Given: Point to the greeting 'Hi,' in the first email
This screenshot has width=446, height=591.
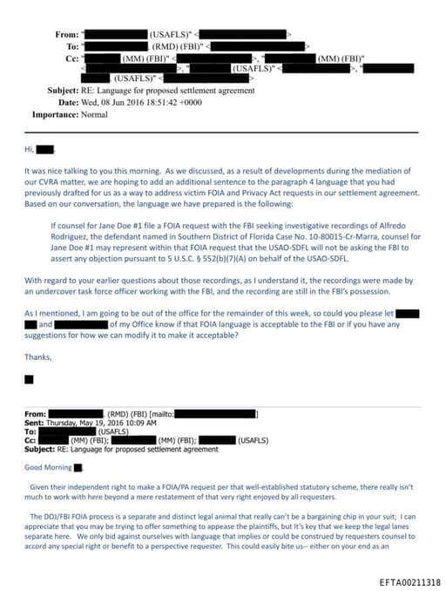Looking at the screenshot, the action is pyautogui.click(x=29, y=150).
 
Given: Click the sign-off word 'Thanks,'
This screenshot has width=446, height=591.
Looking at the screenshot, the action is pyautogui.click(x=37, y=357).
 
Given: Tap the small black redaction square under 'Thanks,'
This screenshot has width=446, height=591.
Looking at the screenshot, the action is pyautogui.click(x=29, y=379).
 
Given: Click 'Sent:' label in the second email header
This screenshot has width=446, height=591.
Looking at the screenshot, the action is pyautogui.click(x=34, y=422).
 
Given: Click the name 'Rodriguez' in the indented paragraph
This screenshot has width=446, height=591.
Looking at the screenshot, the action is pyautogui.click(x=71, y=236).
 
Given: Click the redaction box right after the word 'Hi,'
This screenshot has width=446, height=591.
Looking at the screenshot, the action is pyautogui.click(x=44, y=150).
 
